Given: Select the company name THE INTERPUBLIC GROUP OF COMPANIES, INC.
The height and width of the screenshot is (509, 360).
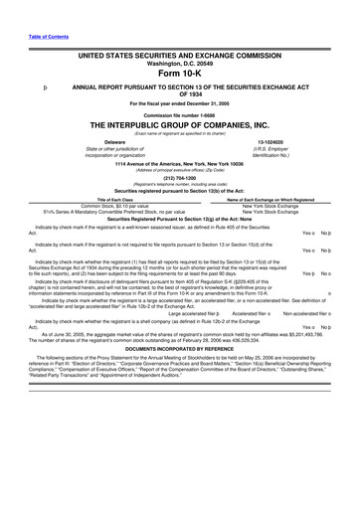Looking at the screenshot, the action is click(179, 125).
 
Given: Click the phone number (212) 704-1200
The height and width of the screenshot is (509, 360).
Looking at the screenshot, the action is click(179, 178).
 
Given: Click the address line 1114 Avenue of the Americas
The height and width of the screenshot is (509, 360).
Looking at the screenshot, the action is click(179, 162).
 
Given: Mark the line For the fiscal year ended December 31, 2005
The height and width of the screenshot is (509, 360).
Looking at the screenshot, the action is click(179, 104).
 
